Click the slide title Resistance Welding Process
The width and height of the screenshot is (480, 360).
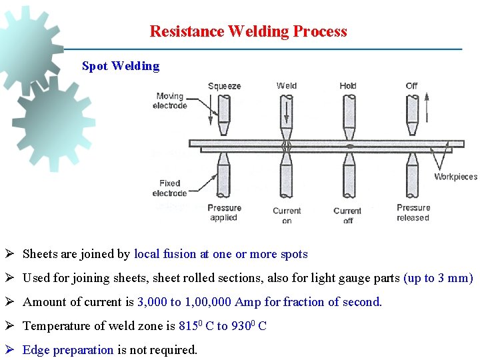[x=248, y=31]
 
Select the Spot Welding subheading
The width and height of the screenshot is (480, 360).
[x=121, y=66]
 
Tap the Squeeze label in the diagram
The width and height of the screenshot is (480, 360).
[x=224, y=86]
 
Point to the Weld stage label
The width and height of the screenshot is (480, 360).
[x=287, y=85]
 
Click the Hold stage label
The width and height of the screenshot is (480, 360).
[x=348, y=85]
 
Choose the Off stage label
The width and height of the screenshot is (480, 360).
[x=411, y=85]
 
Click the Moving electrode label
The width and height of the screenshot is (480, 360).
[x=169, y=101]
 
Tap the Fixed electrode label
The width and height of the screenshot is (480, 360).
[x=169, y=189]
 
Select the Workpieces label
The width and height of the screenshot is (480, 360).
[x=455, y=177]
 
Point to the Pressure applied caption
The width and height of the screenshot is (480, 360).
[x=223, y=213]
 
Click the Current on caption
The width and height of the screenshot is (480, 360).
[x=287, y=215]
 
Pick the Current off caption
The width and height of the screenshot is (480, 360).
[x=347, y=215]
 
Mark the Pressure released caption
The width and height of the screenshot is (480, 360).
[x=413, y=213]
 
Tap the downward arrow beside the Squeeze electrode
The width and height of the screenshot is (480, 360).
[x=210, y=110]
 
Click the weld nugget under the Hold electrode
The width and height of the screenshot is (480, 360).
[x=349, y=146]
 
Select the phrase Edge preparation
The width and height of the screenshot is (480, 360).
[x=68, y=350]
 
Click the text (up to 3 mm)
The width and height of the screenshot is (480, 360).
[x=438, y=278]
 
